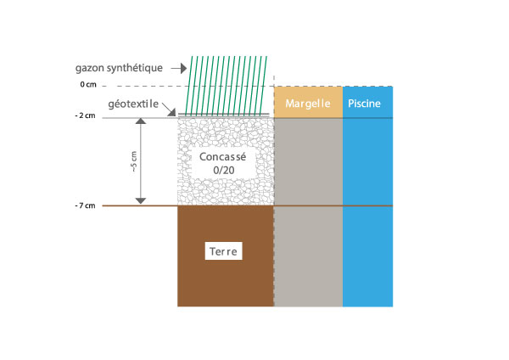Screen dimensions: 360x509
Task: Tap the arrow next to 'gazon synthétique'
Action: (178, 67)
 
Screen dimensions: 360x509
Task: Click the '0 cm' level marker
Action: (88, 86)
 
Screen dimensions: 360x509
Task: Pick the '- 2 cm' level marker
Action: (87, 116)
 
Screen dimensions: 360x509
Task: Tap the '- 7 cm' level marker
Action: (87, 205)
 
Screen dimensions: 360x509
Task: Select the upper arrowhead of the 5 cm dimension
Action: (141, 122)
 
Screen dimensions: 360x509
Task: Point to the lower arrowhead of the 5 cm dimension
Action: (141, 200)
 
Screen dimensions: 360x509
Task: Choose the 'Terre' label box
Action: (225, 252)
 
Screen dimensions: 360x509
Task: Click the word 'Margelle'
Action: (308, 104)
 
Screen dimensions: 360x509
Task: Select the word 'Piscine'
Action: (367, 104)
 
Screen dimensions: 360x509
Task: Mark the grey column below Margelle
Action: (308, 212)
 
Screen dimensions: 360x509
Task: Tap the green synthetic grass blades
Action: (229, 85)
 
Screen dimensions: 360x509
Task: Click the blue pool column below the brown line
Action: (367, 255)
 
